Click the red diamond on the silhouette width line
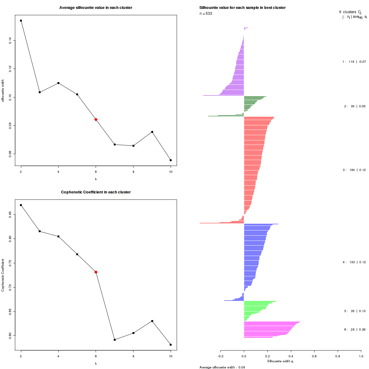pos(96,119)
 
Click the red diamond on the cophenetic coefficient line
pos(96,272)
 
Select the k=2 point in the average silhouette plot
pos(21,21)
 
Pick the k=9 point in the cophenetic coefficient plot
pos(152,321)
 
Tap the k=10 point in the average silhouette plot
pos(171,160)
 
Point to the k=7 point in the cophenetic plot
pos(115,339)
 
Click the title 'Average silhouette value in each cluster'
pos(96,8)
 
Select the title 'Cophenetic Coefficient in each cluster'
pos(96,192)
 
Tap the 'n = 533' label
pos(206,14)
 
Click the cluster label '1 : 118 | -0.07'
pos(354,62)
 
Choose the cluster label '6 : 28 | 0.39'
pos(355,330)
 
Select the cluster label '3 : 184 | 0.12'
pos(354,170)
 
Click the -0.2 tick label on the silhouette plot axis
pos(220,357)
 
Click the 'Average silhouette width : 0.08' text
pos(222,367)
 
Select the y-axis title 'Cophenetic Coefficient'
pos(3,275)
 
